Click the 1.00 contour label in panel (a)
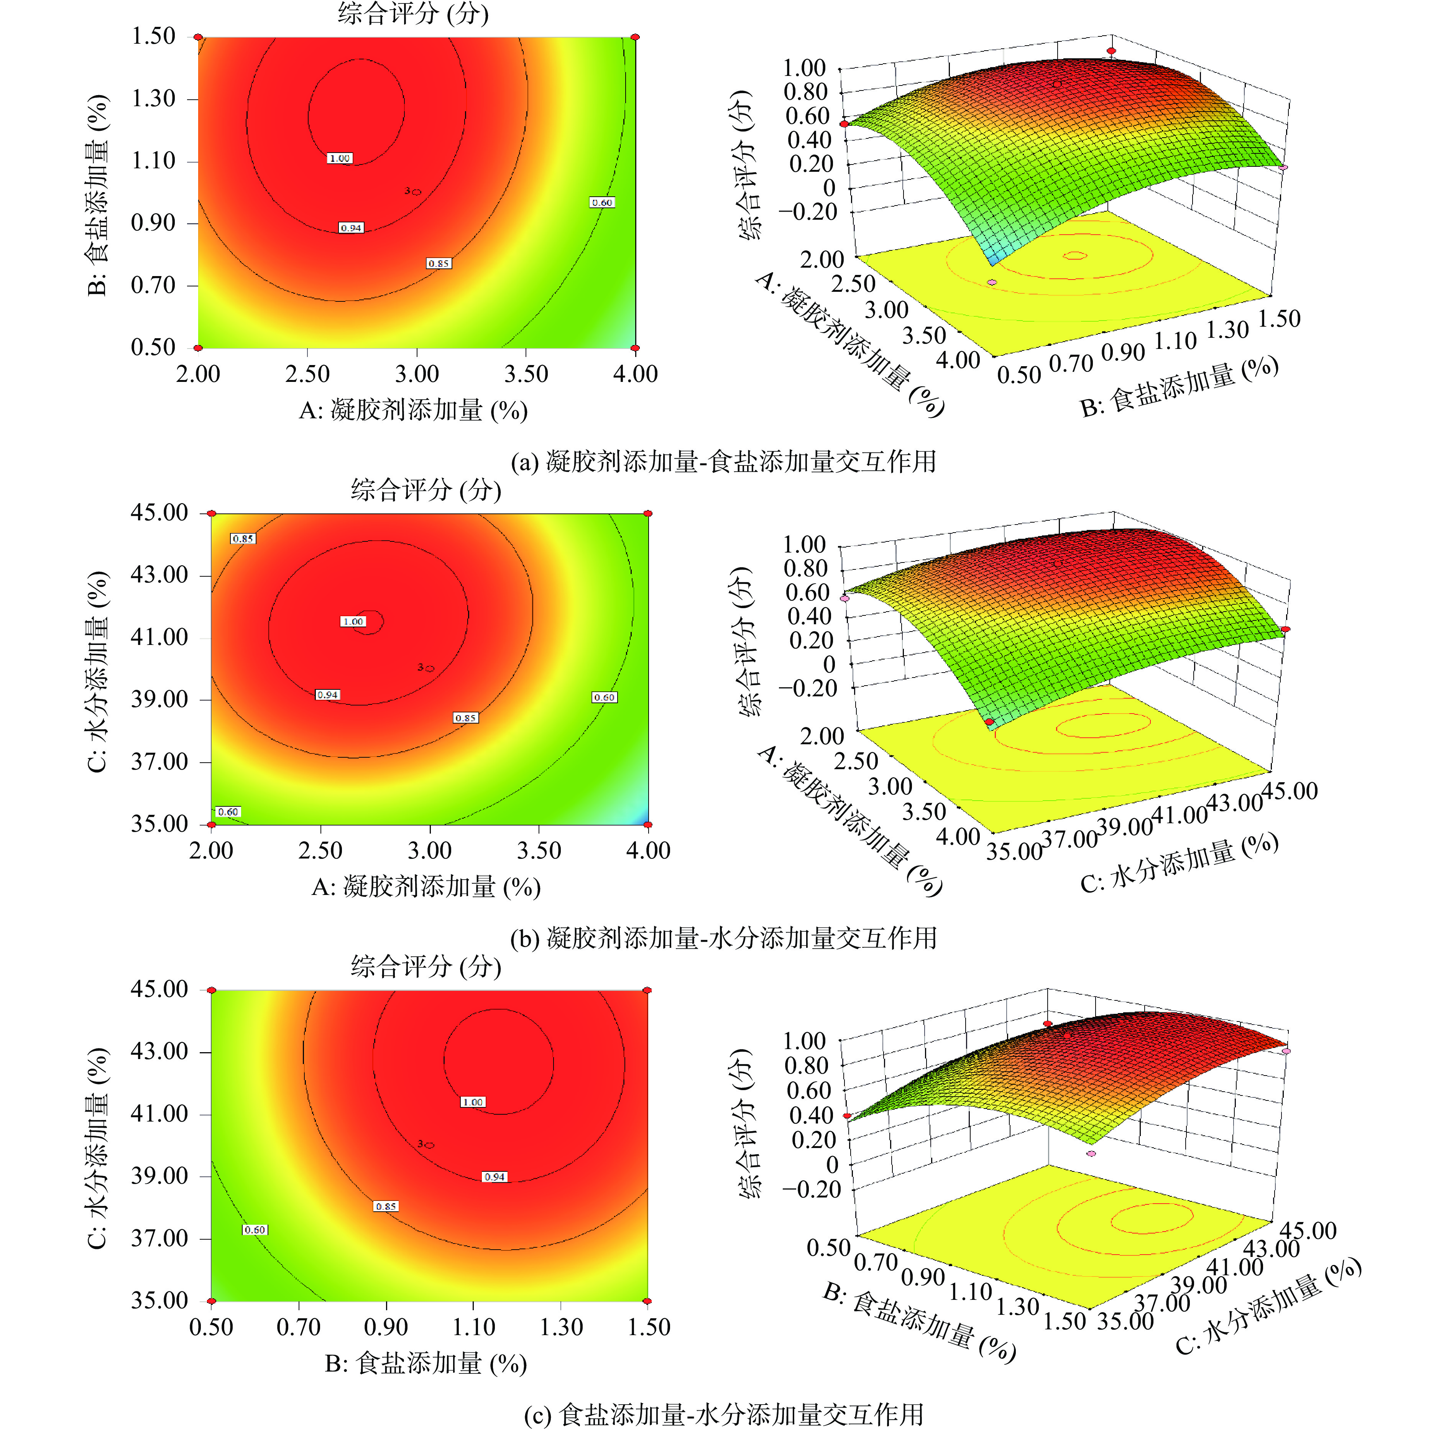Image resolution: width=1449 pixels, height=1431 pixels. (x=340, y=158)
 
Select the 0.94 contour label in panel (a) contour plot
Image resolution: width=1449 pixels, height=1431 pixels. (x=351, y=227)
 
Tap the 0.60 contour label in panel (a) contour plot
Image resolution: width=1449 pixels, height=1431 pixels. (x=602, y=202)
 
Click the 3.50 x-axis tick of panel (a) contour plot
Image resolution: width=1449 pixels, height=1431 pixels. (x=526, y=374)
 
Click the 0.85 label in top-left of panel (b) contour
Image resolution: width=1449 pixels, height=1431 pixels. (x=243, y=539)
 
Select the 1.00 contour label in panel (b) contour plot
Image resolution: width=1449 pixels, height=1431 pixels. (x=353, y=621)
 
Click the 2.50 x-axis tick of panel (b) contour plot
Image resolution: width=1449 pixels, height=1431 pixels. (x=320, y=850)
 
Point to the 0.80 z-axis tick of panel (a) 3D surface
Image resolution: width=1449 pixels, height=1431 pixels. (x=805, y=92)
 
